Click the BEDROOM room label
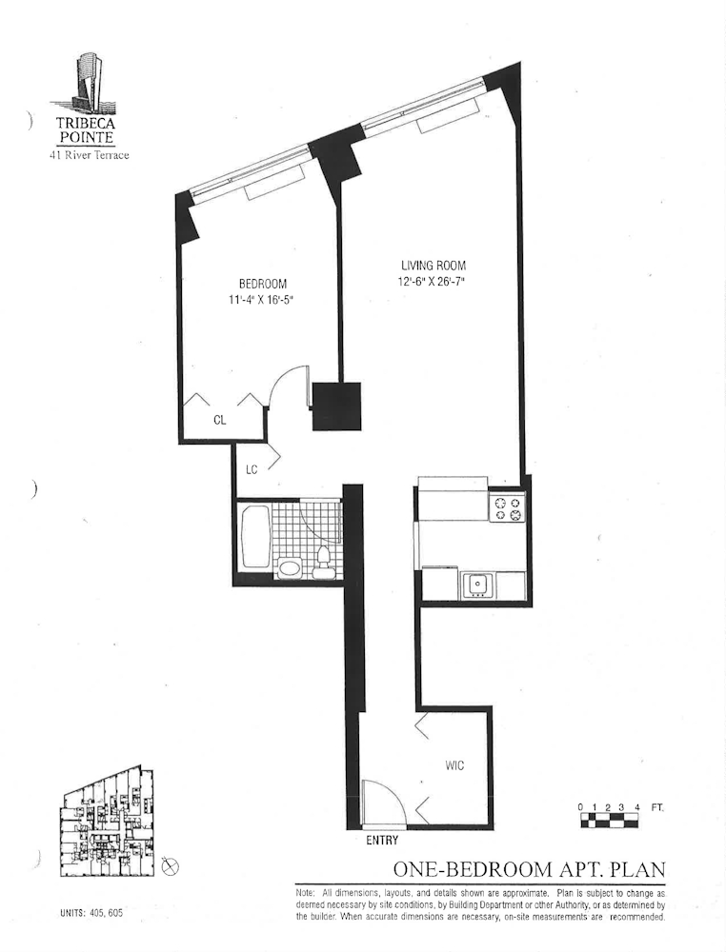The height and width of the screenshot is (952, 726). point(262,284)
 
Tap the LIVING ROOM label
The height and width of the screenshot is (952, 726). point(434,266)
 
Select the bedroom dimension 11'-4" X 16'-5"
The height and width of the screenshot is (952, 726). point(262,299)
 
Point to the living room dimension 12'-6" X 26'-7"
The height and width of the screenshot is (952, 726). point(433,281)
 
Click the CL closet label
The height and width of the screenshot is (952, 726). point(219,420)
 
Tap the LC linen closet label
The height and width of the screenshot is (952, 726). point(252,469)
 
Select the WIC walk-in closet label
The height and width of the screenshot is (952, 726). point(454,765)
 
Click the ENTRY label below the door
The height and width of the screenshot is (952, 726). point(382,841)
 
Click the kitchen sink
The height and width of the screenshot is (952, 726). point(478,585)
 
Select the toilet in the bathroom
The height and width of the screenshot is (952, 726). point(322,563)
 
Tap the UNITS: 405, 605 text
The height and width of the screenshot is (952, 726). point(91,913)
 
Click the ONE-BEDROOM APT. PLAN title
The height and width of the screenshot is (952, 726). point(529,869)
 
